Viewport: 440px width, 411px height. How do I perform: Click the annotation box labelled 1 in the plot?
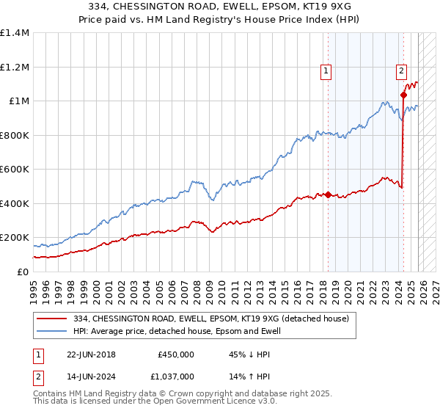tap(326, 71)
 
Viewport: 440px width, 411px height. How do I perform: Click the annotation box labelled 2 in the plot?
tap(402, 71)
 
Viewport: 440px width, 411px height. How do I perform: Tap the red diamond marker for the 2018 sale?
tap(328, 195)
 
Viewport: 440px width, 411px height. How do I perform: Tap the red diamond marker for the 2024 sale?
tap(403, 95)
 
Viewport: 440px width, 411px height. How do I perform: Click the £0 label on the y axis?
tap(21, 272)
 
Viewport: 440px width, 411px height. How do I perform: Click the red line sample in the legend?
tap(53, 319)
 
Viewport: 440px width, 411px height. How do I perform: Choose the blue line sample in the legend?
tap(53, 331)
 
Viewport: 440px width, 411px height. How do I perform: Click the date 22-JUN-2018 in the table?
tap(91, 354)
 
